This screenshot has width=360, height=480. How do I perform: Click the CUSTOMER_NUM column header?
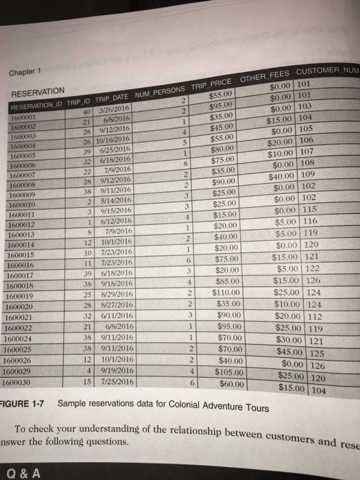pyautogui.click(x=327, y=73)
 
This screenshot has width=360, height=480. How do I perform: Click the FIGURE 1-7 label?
pyautogui.click(x=23, y=403)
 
